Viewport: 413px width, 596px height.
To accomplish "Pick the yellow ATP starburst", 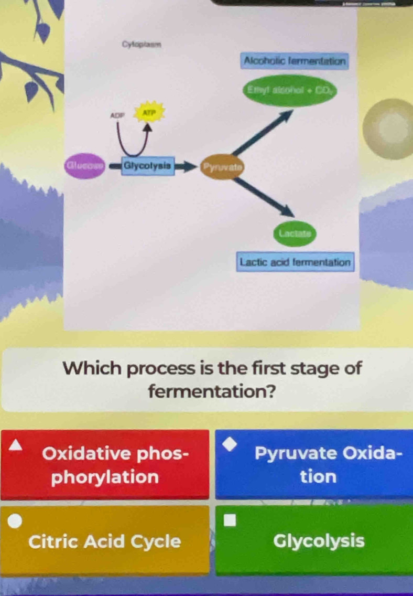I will [150, 112].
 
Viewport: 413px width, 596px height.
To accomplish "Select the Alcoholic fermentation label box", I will [294, 60].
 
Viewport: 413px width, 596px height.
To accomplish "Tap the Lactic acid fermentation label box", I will [295, 261].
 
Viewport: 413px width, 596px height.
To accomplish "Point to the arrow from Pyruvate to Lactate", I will [265, 197].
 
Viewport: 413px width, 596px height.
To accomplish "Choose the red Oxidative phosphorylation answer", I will [105, 465].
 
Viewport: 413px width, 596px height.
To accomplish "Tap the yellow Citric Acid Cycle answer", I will [105, 541].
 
